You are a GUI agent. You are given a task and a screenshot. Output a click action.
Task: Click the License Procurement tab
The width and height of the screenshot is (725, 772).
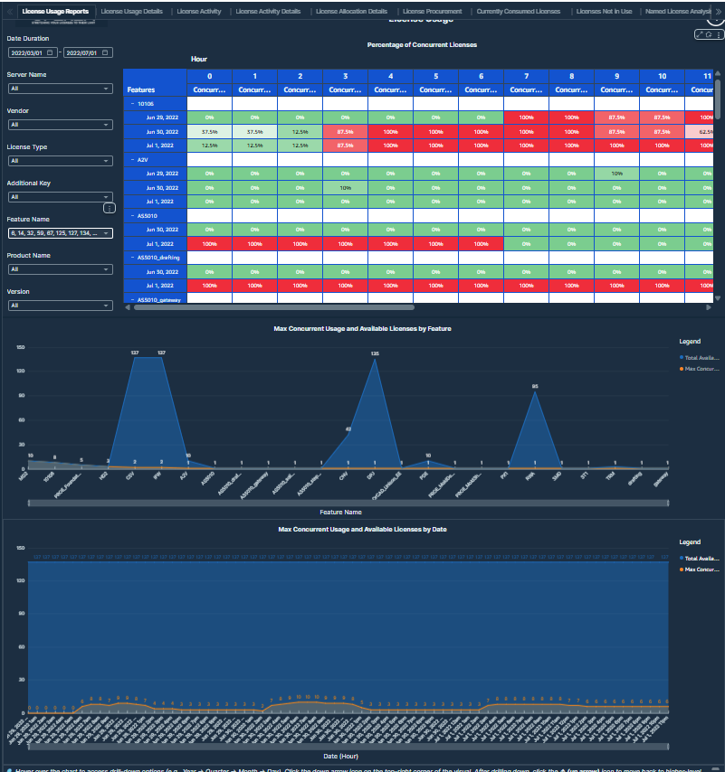[x=432, y=12]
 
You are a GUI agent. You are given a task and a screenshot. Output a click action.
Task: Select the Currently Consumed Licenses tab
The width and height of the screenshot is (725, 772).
[x=518, y=12]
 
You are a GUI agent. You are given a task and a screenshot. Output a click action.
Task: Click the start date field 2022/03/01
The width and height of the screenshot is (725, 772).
[x=33, y=53]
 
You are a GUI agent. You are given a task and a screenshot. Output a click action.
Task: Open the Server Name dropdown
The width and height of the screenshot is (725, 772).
[x=60, y=89]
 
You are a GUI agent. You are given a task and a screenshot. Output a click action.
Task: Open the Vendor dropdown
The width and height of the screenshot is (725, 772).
[x=60, y=125]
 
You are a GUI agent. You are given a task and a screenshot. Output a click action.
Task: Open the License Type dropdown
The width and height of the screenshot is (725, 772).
[x=60, y=161]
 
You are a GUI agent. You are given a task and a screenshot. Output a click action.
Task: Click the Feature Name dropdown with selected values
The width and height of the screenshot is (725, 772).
[x=60, y=233]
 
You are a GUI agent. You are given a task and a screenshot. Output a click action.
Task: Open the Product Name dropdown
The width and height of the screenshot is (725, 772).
[x=60, y=268]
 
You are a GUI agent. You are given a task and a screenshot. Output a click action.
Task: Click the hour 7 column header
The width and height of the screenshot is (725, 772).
[x=526, y=76]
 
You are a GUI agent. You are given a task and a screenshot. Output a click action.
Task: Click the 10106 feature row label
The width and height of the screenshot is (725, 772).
[x=145, y=104]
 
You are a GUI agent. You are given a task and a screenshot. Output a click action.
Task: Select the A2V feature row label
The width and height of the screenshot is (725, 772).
[x=142, y=159]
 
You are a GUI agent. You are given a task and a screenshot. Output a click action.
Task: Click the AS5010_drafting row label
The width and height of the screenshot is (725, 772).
[x=158, y=258]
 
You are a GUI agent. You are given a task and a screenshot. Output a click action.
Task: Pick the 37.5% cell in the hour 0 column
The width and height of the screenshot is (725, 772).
[x=209, y=132]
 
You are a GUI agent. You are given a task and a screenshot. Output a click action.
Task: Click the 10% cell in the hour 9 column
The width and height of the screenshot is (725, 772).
[x=616, y=174]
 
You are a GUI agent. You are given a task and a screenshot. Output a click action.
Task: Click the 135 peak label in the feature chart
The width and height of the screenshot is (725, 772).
[x=375, y=353]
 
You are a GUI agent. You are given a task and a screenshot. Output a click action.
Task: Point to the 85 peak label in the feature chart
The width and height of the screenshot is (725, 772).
[x=535, y=387]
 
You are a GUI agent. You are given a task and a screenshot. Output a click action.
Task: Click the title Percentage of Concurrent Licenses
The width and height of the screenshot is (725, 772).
[x=422, y=44]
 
